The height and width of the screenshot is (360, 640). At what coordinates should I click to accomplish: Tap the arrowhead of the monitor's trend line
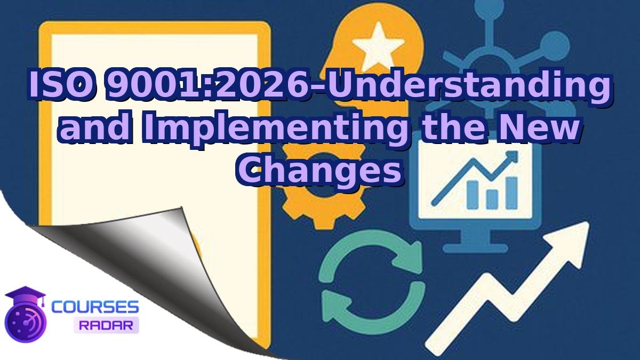(513, 156)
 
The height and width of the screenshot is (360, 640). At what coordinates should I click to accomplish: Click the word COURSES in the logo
(95, 307)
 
